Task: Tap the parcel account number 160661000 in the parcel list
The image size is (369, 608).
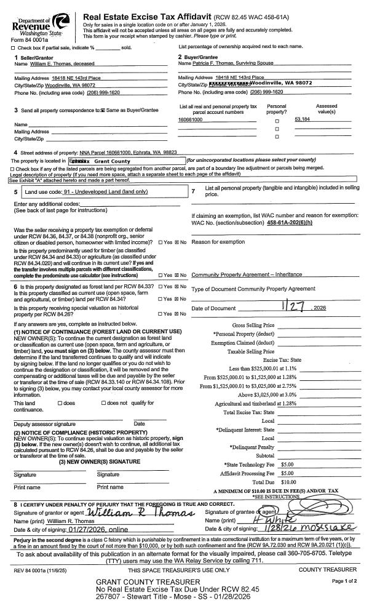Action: point(190,119)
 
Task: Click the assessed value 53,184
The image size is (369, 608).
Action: point(302,119)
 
